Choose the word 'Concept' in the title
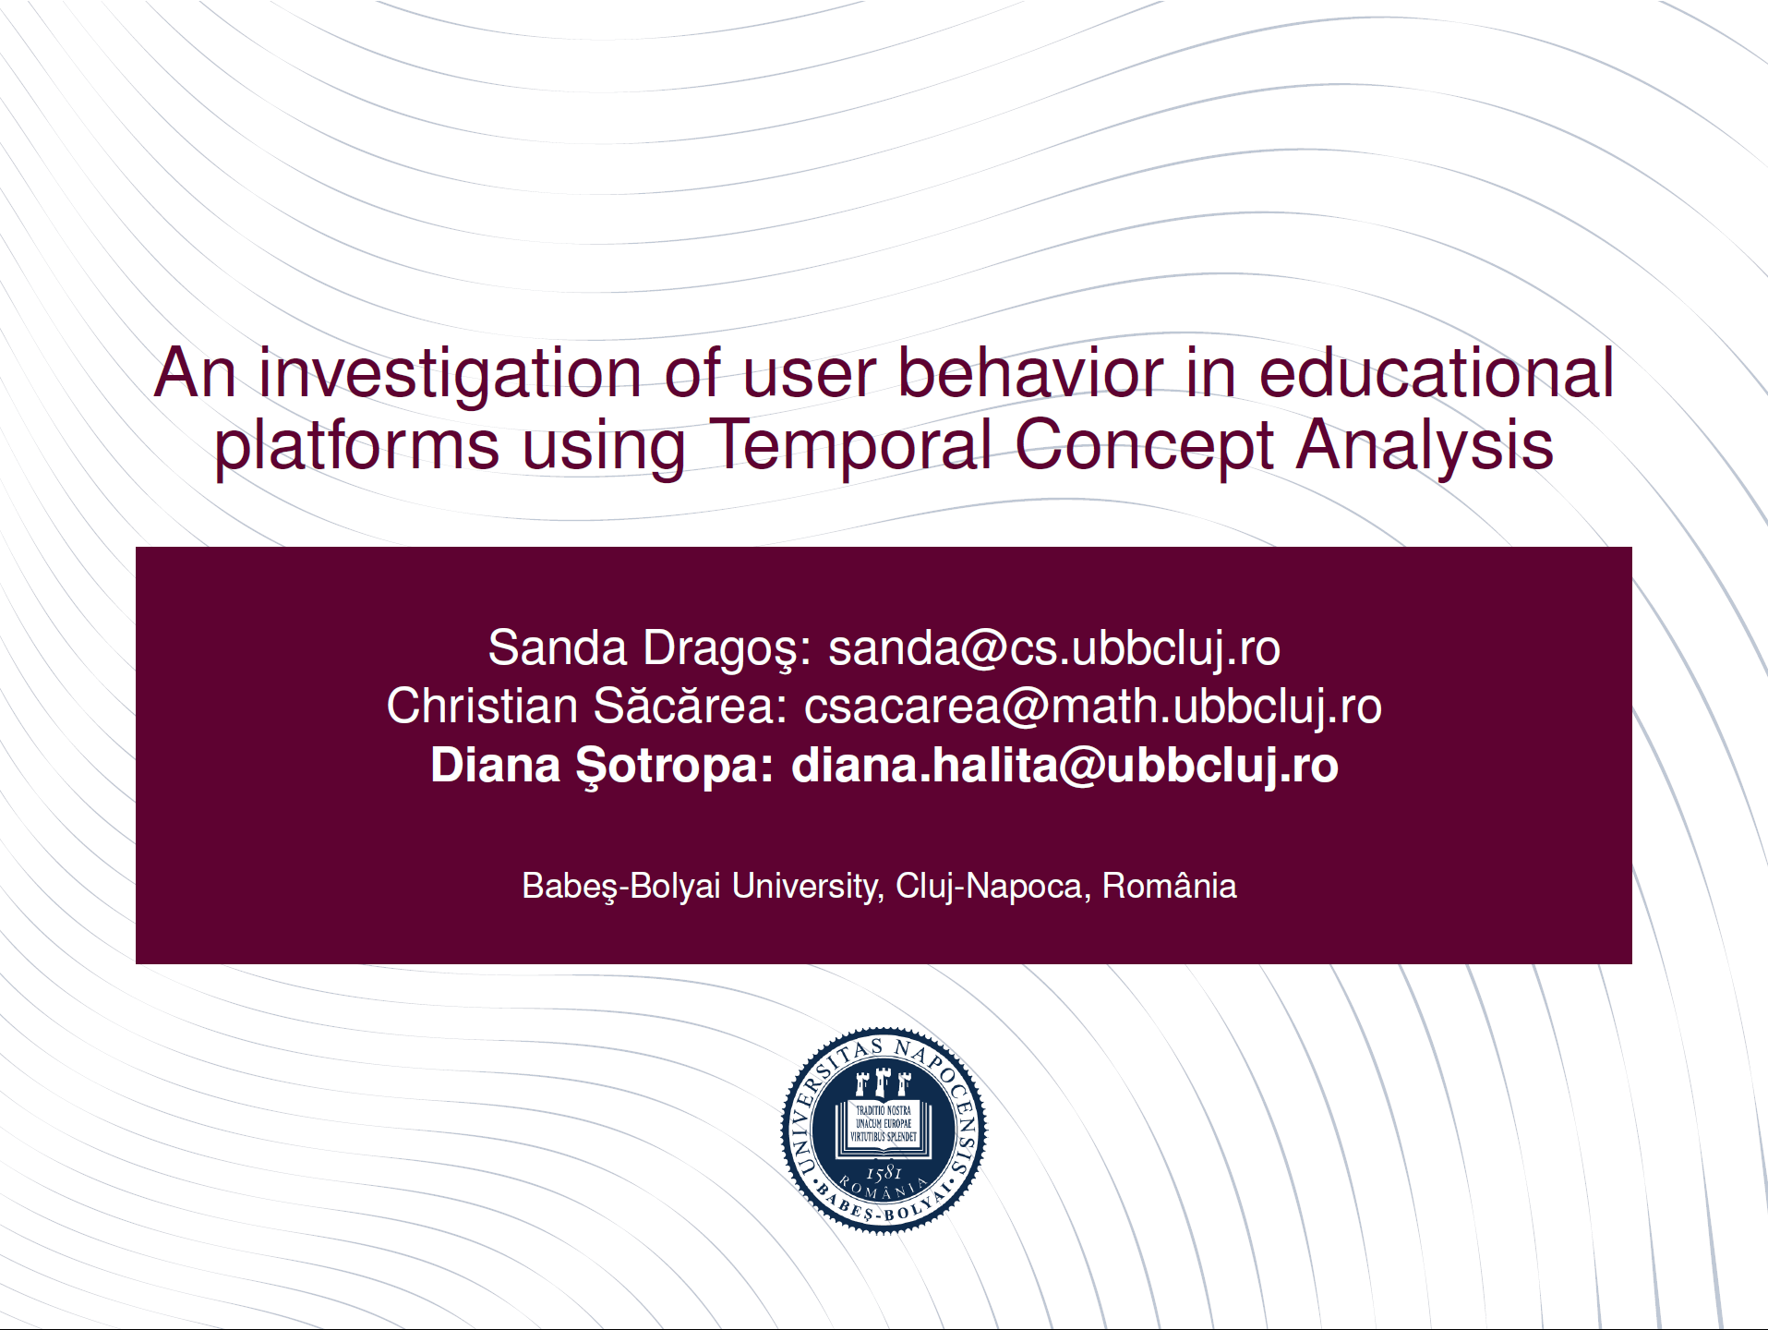[x=1144, y=448]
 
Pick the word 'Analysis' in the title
[x=1425, y=448]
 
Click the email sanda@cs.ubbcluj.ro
[x=1054, y=648]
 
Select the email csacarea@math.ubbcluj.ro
[x=1093, y=707]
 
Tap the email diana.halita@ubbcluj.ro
[x=1064, y=766]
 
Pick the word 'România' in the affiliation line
[x=1170, y=885]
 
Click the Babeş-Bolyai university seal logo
[x=884, y=1130]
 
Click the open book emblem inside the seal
[x=884, y=1126]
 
